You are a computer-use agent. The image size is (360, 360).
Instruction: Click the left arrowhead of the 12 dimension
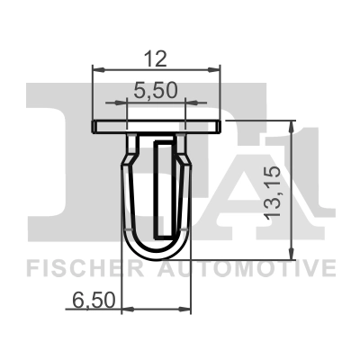click(98, 68)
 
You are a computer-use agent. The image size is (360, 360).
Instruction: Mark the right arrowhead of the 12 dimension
click(216, 68)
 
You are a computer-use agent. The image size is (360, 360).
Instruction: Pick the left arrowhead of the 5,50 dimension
click(130, 103)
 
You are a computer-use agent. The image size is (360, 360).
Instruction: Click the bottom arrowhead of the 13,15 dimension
click(290, 252)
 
